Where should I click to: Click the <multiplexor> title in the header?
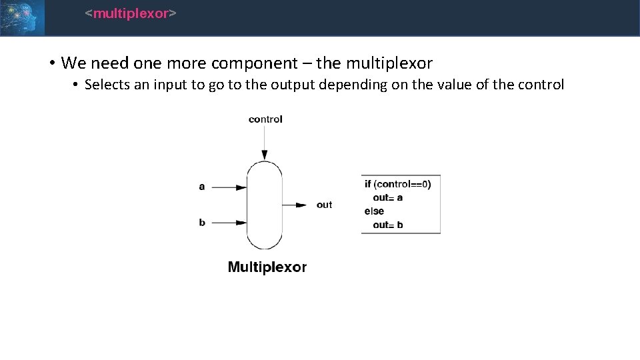tap(131, 13)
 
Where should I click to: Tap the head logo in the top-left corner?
tap(22, 17)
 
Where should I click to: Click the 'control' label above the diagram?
tap(265, 119)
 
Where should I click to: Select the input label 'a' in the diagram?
tap(202, 187)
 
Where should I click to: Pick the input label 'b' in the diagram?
tap(202, 222)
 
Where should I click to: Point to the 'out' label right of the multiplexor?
tap(324, 205)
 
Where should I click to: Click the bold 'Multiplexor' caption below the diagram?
tap(267, 267)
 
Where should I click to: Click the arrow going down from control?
tap(265, 143)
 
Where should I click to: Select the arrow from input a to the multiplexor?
tap(230, 187)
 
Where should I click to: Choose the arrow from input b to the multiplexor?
tap(230, 223)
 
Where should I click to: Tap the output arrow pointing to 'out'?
tap(295, 205)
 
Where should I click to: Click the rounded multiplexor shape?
tap(265, 205)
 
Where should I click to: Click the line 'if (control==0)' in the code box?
tap(398, 184)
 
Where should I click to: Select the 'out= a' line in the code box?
tap(388, 198)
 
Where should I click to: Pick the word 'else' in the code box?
tap(374, 211)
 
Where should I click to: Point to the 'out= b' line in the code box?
tap(388, 225)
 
